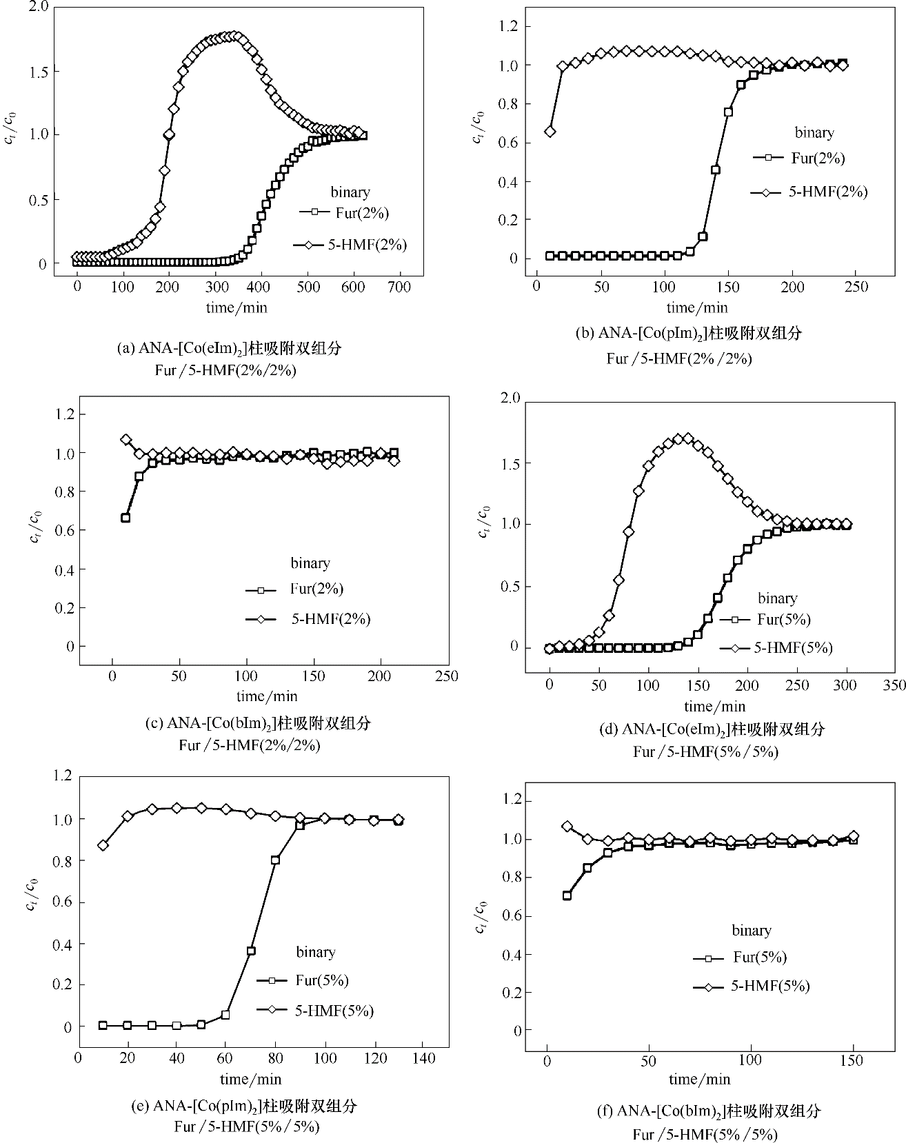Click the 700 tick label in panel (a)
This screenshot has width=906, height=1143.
(400, 287)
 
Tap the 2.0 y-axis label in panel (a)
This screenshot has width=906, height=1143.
(38, 8)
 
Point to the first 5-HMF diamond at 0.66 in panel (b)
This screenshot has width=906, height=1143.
(550, 132)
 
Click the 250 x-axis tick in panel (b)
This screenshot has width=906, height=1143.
(856, 286)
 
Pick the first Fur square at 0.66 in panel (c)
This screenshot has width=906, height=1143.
(125, 518)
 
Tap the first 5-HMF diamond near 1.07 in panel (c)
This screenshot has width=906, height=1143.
(125, 440)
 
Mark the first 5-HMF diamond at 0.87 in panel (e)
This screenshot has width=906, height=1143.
(103, 845)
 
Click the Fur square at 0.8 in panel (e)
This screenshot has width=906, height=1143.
(275, 860)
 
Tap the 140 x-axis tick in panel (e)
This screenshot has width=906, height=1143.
(424, 1058)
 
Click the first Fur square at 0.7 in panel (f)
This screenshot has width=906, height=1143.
(567, 896)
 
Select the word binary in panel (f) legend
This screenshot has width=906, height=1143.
(751, 931)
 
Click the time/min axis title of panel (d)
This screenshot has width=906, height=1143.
(715, 706)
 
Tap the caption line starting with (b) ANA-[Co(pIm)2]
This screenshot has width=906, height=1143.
(689, 334)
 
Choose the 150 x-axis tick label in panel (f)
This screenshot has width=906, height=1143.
(852, 1060)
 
